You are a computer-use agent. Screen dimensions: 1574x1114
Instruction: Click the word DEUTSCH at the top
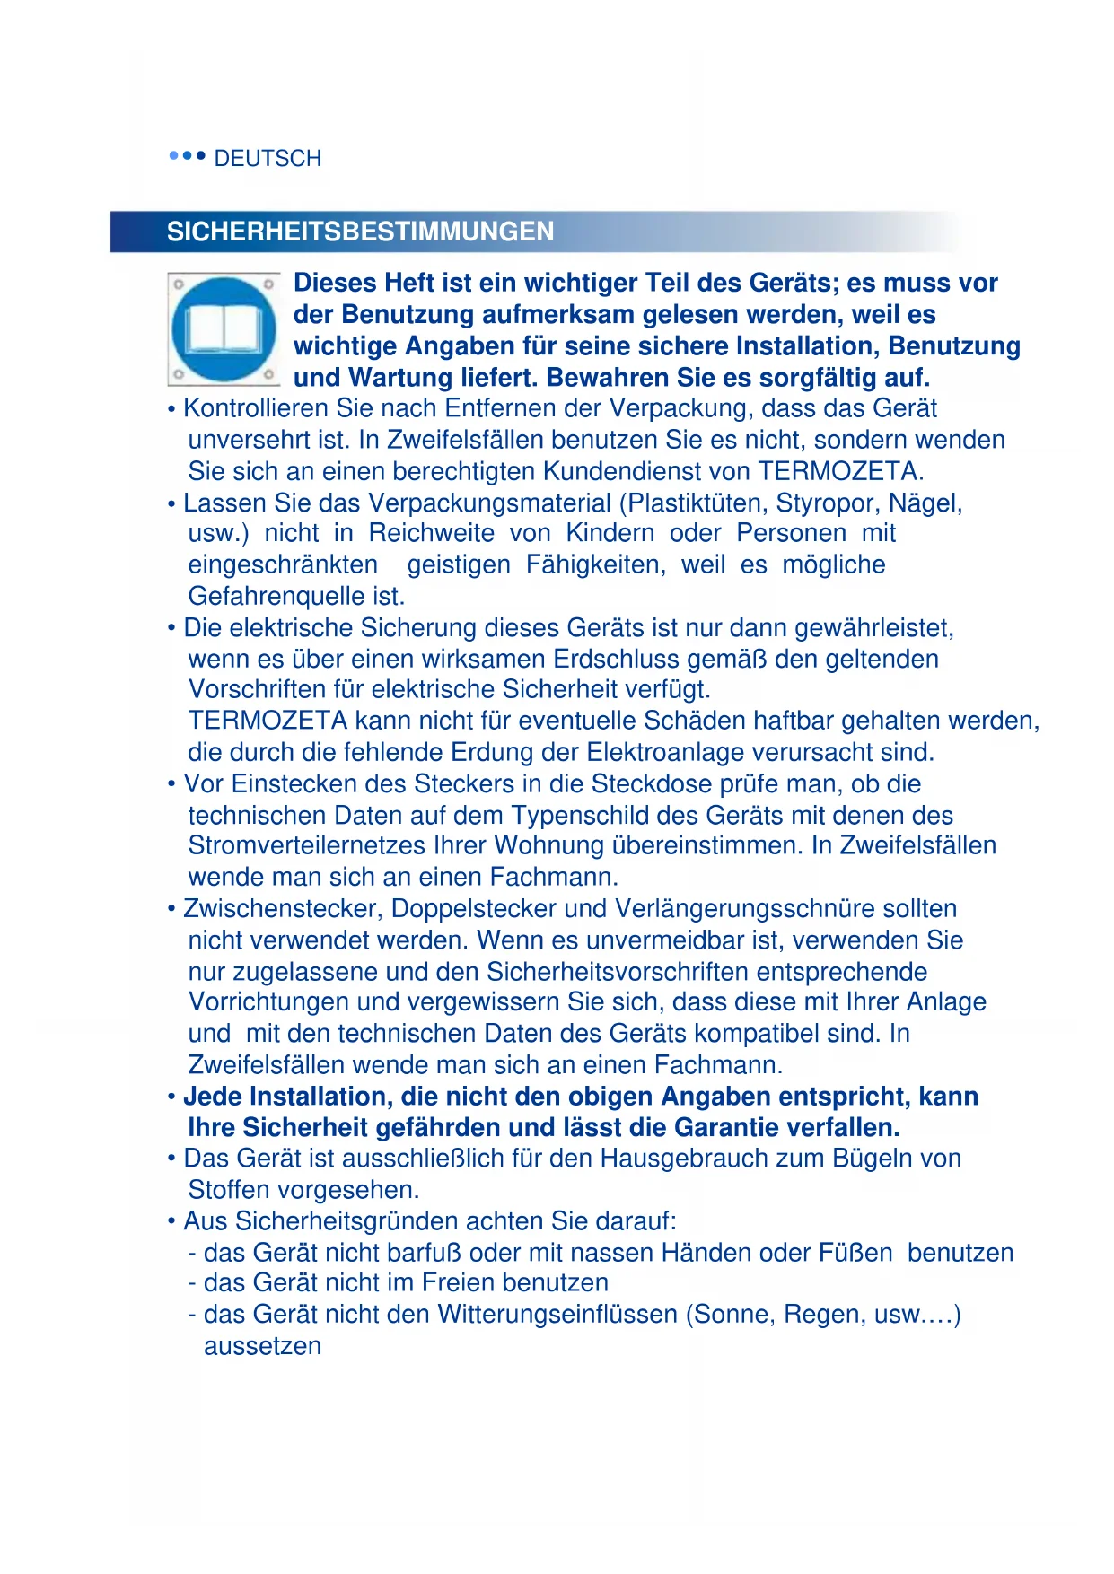pyautogui.click(x=268, y=159)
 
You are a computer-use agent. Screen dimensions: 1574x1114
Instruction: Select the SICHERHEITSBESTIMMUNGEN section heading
pyautogui.click(x=360, y=232)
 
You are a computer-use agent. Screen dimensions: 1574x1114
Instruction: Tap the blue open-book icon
pyautogui.click(x=224, y=329)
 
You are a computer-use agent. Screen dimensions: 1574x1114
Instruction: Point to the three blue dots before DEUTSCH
pyautogui.click(x=188, y=156)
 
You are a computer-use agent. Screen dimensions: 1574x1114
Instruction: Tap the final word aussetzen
pyautogui.click(x=262, y=1346)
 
